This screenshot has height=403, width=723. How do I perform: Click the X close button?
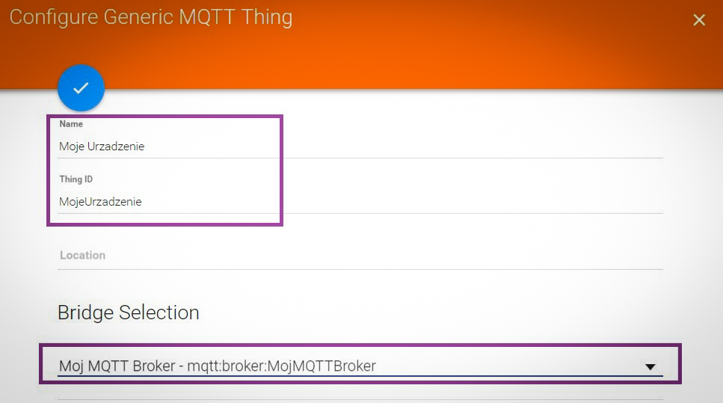[x=699, y=20]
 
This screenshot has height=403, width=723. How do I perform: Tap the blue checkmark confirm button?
[x=81, y=88]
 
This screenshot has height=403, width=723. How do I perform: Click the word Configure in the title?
[x=54, y=18]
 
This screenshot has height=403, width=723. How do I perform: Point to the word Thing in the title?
[x=267, y=18]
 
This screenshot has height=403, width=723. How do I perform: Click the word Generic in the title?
[x=138, y=17]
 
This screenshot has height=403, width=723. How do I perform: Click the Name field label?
[x=71, y=124]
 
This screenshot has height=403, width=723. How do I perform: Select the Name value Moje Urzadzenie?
[x=102, y=147]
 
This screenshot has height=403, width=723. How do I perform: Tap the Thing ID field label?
[x=76, y=179]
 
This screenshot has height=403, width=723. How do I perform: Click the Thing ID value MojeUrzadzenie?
[x=100, y=202]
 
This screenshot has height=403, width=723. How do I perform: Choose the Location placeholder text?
[x=82, y=256]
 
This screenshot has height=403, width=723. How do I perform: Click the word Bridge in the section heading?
[x=86, y=313]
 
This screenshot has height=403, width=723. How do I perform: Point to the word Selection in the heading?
[x=159, y=313]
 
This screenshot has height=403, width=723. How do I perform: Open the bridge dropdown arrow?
[x=650, y=367]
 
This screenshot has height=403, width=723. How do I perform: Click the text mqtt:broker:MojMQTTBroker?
[x=282, y=366]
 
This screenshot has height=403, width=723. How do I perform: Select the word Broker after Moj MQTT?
[x=154, y=366]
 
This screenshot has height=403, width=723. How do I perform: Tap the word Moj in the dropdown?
[x=71, y=366]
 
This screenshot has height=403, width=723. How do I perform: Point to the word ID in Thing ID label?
[x=88, y=179]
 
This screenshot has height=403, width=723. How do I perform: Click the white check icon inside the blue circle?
[x=81, y=87]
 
